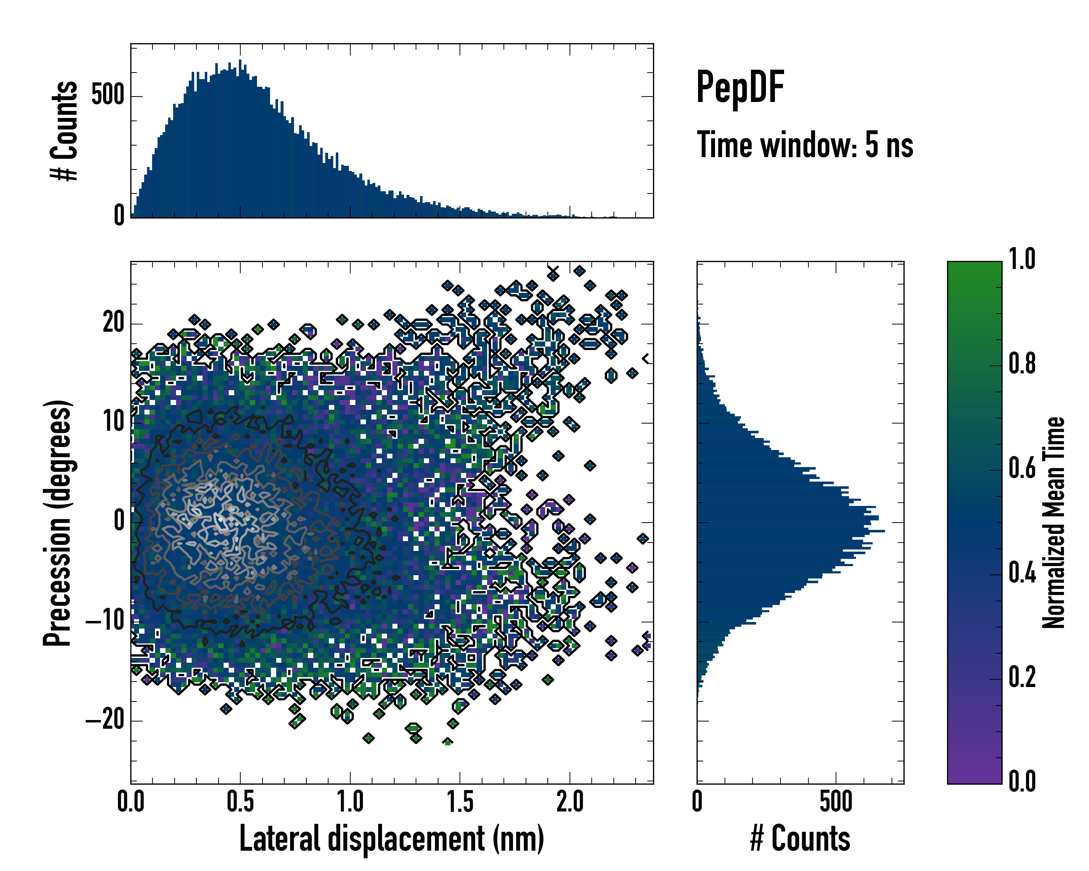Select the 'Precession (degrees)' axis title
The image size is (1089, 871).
(57, 523)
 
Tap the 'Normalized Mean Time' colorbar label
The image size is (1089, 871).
(1054, 523)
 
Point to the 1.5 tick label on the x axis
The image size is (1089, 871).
(460, 802)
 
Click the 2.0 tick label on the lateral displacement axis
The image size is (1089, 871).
(570, 802)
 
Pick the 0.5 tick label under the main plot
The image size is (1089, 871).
(240, 802)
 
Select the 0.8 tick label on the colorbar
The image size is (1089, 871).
(1022, 364)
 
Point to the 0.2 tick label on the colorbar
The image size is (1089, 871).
(1022, 678)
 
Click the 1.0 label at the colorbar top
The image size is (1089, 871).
(1022, 259)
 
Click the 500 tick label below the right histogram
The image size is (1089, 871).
(836, 802)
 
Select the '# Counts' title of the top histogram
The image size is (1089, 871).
(64, 130)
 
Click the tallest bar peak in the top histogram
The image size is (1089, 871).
(240, 61)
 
